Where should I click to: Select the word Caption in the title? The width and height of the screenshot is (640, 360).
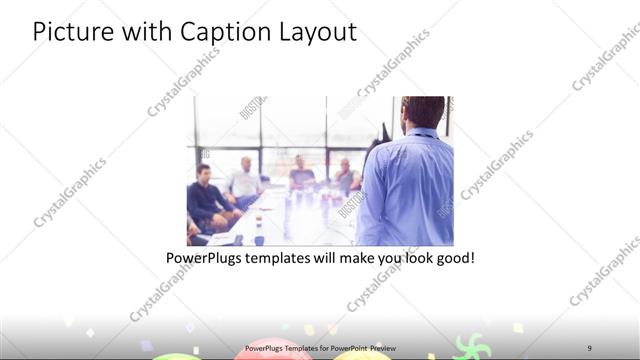(x=214, y=32)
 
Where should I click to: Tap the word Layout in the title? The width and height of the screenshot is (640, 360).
(x=314, y=32)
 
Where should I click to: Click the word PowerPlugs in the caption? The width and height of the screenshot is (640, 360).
(x=205, y=258)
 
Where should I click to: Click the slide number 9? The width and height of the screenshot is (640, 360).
(x=590, y=347)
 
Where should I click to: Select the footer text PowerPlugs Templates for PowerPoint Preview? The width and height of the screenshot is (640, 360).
(x=320, y=347)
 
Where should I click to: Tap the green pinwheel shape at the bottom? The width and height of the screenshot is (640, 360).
(x=468, y=349)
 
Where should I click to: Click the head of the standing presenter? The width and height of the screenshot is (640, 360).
(x=423, y=113)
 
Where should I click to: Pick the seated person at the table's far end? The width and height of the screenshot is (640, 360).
(x=299, y=173)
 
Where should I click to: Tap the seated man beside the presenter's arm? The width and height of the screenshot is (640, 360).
(x=346, y=176)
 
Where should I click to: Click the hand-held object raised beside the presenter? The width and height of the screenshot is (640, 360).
(x=384, y=133)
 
